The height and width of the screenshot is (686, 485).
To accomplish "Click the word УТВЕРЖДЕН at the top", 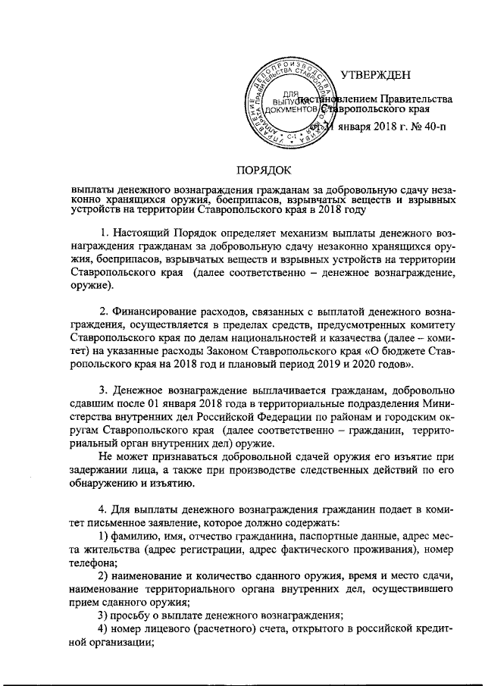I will click(376, 74).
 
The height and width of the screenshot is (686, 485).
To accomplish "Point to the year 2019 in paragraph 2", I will click(352, 365).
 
